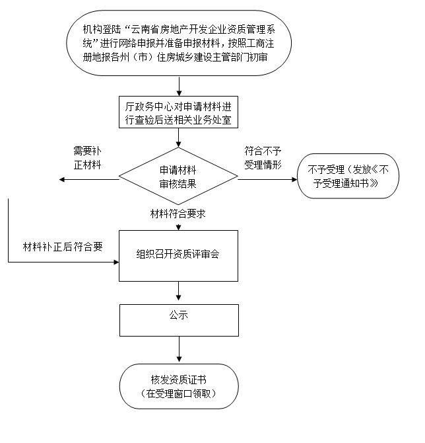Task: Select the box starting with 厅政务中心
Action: (x=178, y=113)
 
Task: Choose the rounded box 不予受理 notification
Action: (x=348, y=176)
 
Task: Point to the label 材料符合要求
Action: (x=178, y=214)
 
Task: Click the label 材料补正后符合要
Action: (x=63, y=247)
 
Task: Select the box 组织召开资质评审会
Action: (x=178, y=255)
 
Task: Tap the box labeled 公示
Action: (x=178, y=319)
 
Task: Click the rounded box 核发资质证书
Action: (x=178, y=386)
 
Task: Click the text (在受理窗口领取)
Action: (x=178, y=394)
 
